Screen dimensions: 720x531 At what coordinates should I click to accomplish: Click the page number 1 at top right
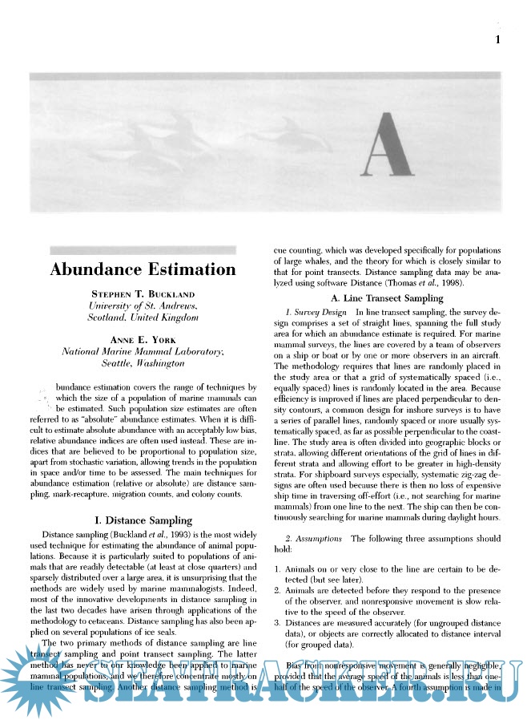pos(499,39)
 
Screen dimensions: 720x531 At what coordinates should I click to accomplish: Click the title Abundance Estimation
pos(143,269)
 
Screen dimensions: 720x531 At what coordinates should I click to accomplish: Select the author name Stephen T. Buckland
pos(143,295)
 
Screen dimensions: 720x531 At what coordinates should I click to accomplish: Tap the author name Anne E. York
pos(143,340)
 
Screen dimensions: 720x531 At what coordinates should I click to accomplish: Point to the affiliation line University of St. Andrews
pos(143,306)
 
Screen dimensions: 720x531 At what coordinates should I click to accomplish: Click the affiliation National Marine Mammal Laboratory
pos(143,351)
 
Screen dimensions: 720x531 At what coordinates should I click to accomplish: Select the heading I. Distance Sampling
pos(143,520)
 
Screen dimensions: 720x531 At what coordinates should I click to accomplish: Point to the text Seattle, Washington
pos(143,362)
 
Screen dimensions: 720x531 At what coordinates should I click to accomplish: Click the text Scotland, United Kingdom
pos(143,318)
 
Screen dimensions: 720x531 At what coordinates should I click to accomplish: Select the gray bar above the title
pos(143,250)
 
